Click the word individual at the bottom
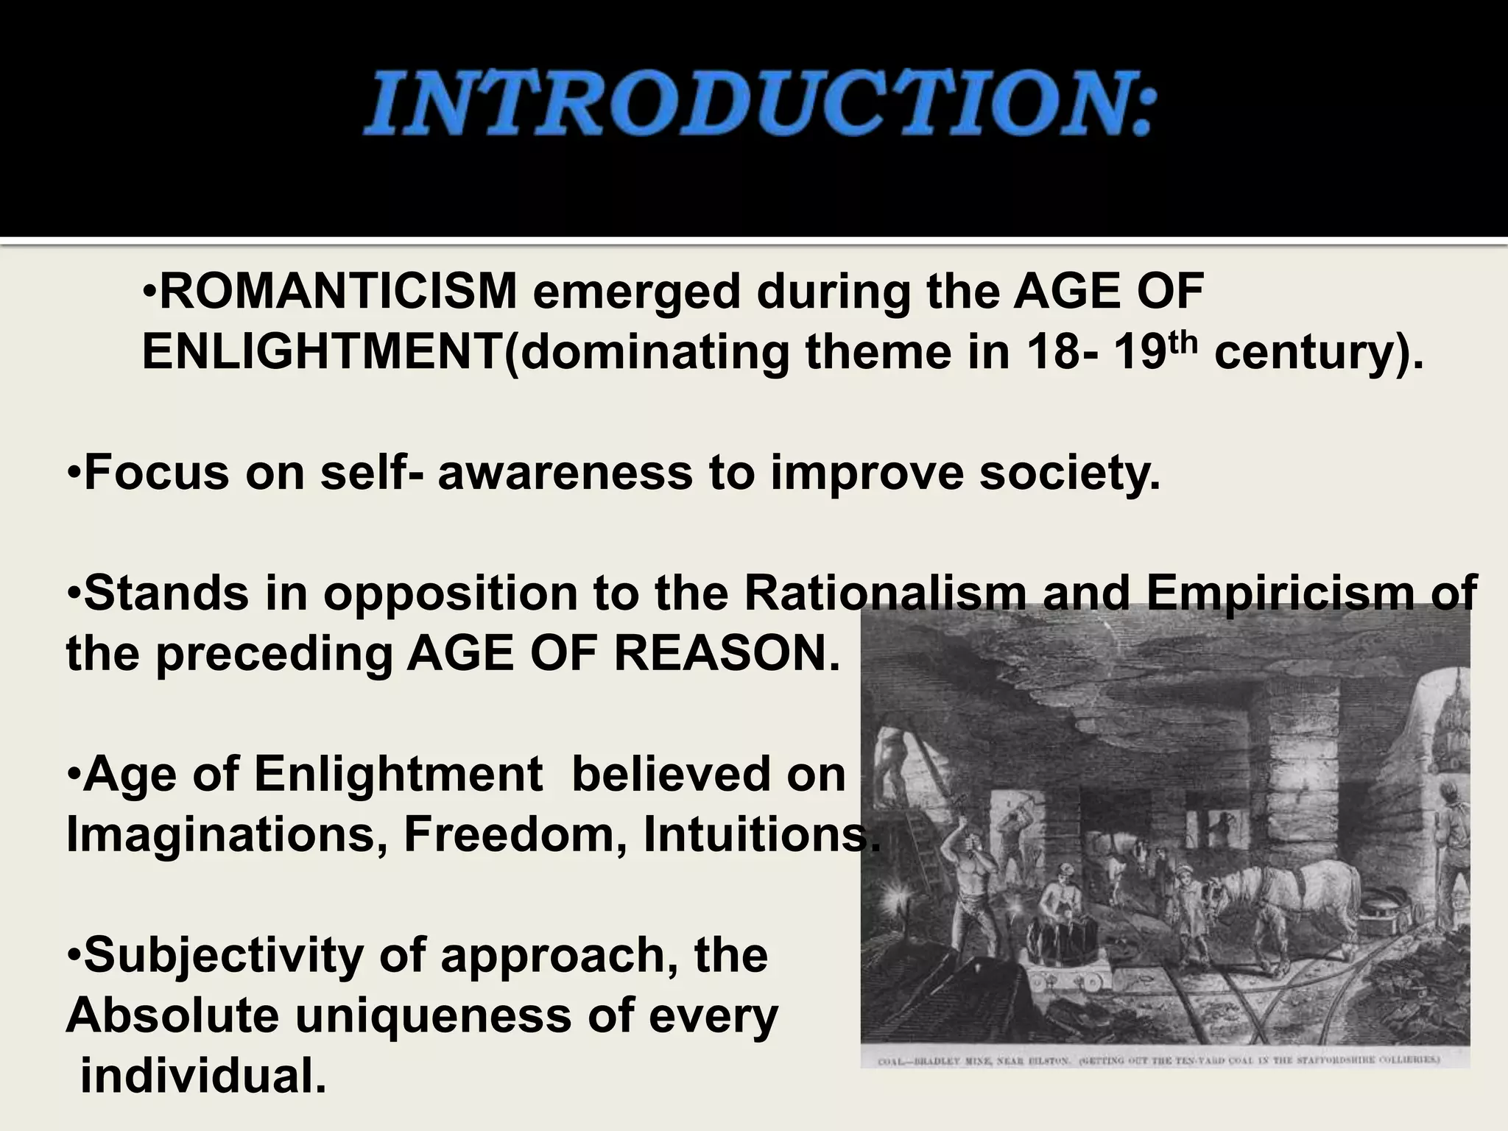click(203, 1076)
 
